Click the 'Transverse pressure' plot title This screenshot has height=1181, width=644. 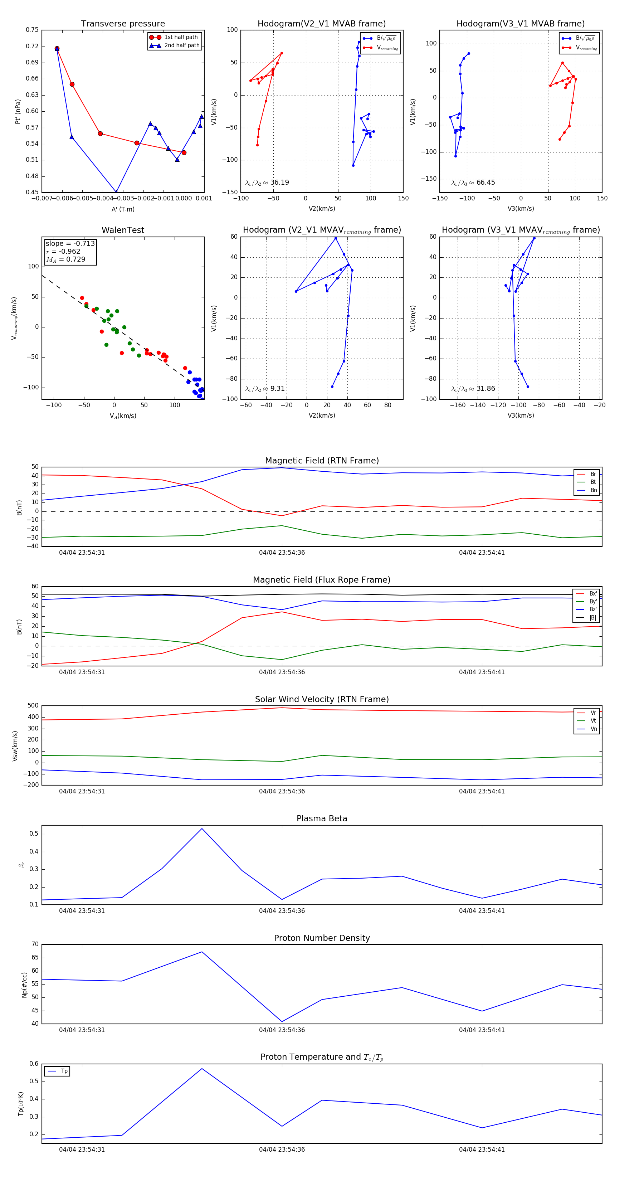(x=123, y=24)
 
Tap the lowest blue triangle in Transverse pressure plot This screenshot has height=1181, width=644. (x=116, y=191)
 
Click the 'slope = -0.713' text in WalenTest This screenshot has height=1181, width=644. (x=70, y=243)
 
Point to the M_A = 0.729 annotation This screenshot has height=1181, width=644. (x=65, y=259)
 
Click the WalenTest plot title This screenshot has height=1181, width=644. (x=123, y=230)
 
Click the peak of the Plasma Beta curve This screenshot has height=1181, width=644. (x=202, y=828)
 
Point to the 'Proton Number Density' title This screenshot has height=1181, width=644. (x=322, y=938)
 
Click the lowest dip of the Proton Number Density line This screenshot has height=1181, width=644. (x=282, y=1021)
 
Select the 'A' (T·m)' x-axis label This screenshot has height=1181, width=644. (x=123, y=209)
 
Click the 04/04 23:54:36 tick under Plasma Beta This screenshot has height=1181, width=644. (x=282, y=910)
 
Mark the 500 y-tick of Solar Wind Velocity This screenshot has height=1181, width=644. (x=33, y=706)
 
